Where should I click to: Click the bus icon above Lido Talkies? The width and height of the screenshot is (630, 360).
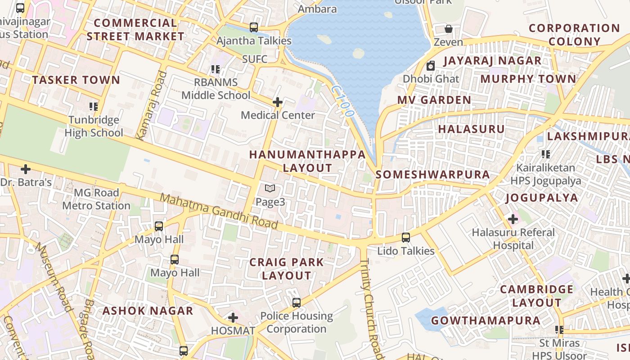(406, 238)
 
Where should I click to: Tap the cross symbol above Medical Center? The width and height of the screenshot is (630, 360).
(278, 102)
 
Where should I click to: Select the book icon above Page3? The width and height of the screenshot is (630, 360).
(270, 189)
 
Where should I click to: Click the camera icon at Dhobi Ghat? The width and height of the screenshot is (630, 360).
(431, 66)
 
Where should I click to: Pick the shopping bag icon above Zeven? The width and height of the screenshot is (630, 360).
(449, 29)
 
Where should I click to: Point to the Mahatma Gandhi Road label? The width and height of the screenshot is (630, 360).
(219, 211)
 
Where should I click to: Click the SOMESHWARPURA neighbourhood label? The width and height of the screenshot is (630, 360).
(432, 175)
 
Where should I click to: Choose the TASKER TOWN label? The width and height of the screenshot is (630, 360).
(76, 80)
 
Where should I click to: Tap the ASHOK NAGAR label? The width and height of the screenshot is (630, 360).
(148, 311)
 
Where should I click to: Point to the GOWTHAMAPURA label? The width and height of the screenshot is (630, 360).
(486, 320)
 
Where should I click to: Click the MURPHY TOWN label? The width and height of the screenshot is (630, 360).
(528, 79)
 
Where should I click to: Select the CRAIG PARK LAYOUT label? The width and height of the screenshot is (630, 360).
(287, 269)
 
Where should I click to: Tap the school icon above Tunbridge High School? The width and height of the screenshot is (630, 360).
(94, 107)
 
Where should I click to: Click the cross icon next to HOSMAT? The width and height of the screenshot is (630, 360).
(233, 318)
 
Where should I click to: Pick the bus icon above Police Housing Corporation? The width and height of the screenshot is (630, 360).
(296, 303)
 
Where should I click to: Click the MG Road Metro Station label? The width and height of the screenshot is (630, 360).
(96, 199)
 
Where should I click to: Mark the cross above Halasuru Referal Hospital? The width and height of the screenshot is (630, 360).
(513, 219)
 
